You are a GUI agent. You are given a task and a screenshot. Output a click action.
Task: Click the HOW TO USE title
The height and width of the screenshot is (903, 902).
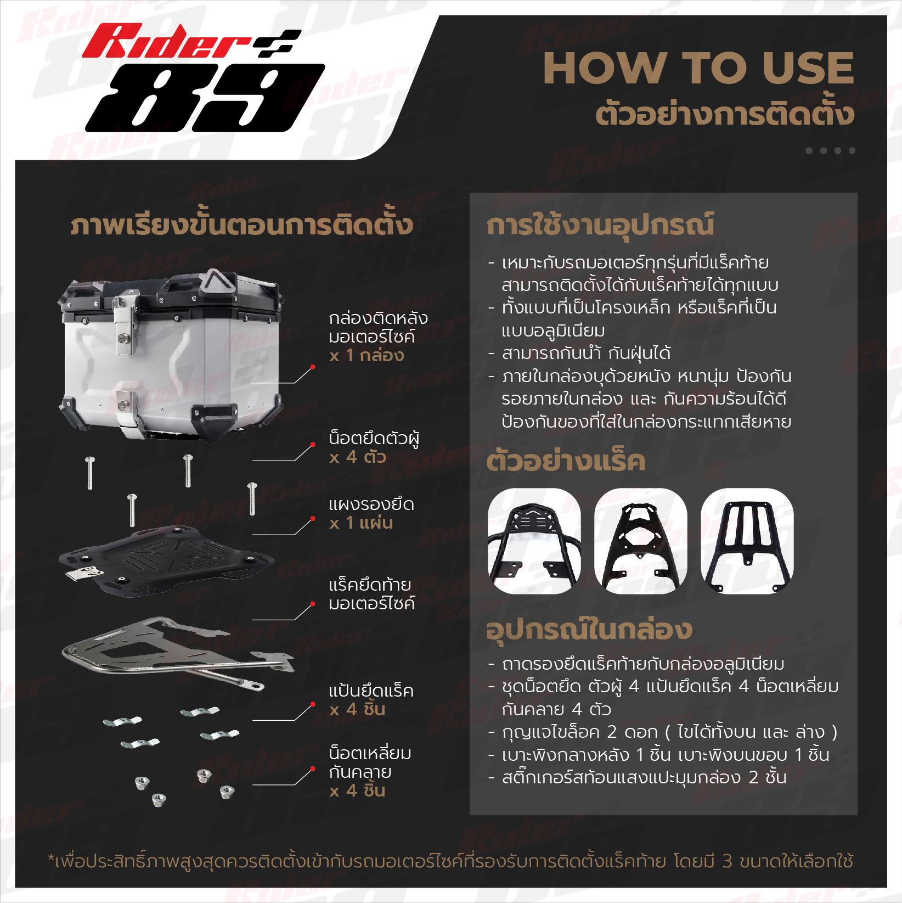[x=698, y=68]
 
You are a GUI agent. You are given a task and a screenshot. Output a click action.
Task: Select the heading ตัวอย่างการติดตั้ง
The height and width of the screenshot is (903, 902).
[x=725, y=114]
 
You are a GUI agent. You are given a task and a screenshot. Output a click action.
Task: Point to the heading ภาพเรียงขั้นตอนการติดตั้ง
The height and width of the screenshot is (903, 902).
[x=241, y=225]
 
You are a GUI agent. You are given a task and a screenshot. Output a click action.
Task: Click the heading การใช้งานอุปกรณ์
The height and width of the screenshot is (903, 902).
[x=600, y=225]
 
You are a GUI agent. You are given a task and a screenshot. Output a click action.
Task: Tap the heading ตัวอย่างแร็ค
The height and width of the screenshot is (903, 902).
[x=566, y=461]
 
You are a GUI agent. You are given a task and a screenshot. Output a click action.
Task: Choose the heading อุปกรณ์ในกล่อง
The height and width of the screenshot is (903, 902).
[x=589, y=629]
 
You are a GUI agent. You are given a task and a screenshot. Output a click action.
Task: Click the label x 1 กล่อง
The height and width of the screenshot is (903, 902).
[x=367, y=355]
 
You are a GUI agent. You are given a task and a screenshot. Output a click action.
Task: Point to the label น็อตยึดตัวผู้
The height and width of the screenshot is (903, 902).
[x=374, y=438]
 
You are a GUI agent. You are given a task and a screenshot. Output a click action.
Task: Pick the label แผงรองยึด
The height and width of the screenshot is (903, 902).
[x=371, y=504]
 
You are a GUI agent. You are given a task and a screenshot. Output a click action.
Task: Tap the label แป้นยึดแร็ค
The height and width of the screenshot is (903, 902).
[x=371, y=691]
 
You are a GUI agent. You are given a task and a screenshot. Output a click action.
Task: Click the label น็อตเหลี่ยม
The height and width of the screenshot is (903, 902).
[x=370, y=753]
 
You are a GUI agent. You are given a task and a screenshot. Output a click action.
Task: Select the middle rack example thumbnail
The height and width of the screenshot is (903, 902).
[x=641, y=541]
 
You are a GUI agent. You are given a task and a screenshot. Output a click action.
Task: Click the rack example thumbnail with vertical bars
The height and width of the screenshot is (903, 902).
[x=747, y=541]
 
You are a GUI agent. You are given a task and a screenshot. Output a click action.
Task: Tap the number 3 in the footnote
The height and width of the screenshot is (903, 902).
[x=727, y=861]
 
